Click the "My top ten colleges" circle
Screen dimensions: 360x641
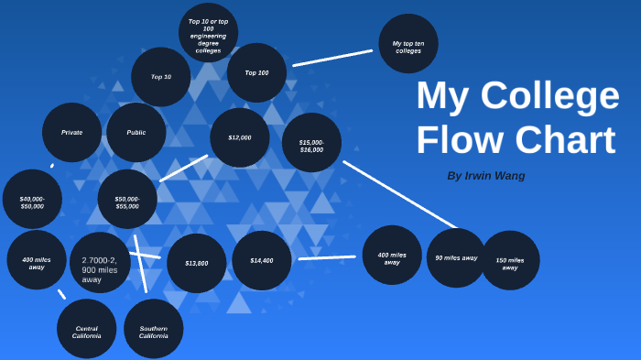tap(408, 43)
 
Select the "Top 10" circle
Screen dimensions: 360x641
tap(161, 77)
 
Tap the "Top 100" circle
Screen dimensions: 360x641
tap(256, 72)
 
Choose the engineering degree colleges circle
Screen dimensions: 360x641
tap(208, 33)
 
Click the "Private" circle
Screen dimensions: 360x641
tap(71, 132)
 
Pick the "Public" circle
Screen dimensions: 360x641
tap(136, 132)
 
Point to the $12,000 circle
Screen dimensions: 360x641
tap(240, 137)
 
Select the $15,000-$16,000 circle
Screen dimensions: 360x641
tap(311, 143)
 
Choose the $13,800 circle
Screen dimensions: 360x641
tap(197, 263)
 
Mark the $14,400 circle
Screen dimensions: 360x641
tap(262, 260)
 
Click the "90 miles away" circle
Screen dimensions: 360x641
tap(456, 258)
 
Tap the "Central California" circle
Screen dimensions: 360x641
tap(86, 329)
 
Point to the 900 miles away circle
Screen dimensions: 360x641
tap(100, 263)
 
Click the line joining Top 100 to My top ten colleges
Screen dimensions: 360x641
tap(332, 58)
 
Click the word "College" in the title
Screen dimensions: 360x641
tap(551, 96)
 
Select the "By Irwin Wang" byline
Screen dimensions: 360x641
tap(486, 175)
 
